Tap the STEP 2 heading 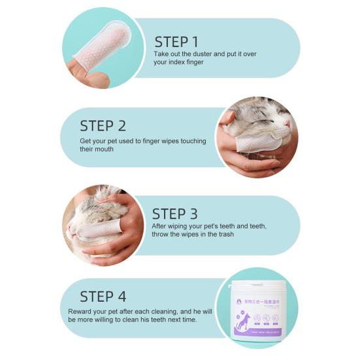point(103,125)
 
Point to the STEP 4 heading point(103,297)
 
